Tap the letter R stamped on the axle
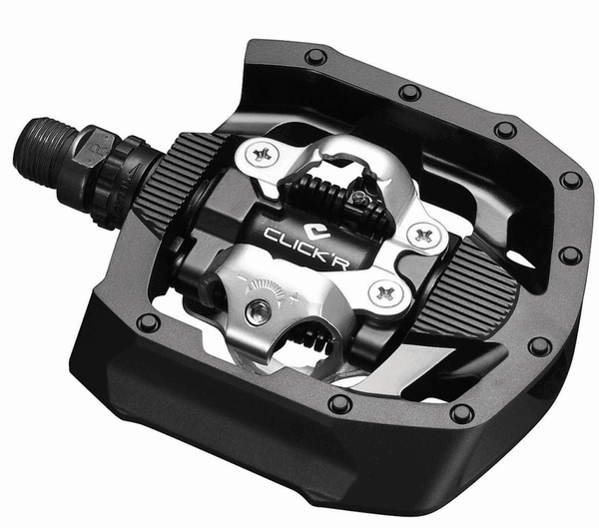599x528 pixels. tap(93, 149)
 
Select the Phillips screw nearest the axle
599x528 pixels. tap(262, 155)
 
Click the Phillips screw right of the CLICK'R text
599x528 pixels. tap(422, 235)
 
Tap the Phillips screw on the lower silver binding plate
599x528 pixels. tap(384, 293)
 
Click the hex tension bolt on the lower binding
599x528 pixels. tap(259, 312)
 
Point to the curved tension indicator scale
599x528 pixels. tap(264, 288)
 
